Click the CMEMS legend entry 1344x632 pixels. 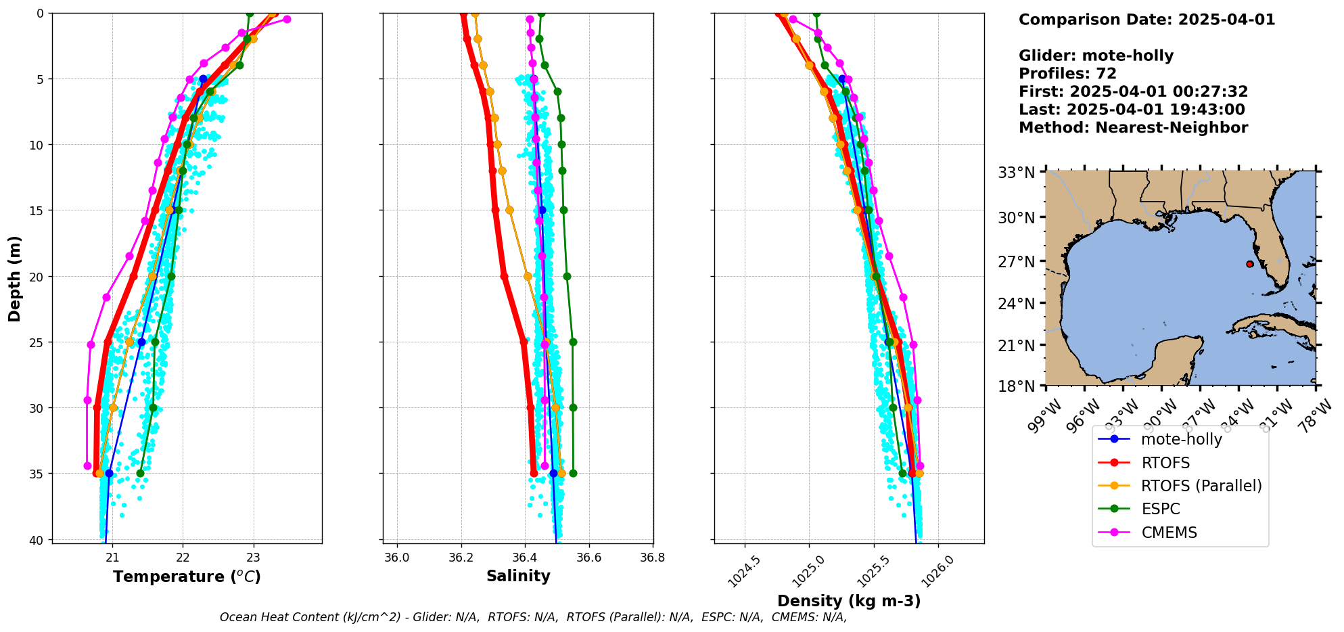pyautogui.click(x=1169, y=533)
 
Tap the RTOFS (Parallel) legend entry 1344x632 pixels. pyautogui.click(x=1201, y=486)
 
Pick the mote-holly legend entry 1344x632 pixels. pyautogui.click(x=1181, y=439)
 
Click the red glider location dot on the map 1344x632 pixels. pyautogui.click(x=1249, y=264)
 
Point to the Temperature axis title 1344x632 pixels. pyautogui.click(x=187, y=577)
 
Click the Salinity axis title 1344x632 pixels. pyautogui.click(x=518, y=576)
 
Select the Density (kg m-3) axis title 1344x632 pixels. pyautogui.click(x=849, y=601)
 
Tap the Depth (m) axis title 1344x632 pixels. pyautogui.click(x=15, y=278)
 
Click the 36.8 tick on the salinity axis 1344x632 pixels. pyautogui.click(x=653, y=558)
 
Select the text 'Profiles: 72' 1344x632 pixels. pyautogui.click(x=1067, y=74)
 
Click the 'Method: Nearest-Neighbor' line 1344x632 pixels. pyautogui.click(x=1133, y=128)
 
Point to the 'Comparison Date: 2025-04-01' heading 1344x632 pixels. pyautogui.click(x=1146, y=20)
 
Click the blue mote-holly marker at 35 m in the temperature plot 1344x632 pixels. pyautogui.click(x=110, y=473)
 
